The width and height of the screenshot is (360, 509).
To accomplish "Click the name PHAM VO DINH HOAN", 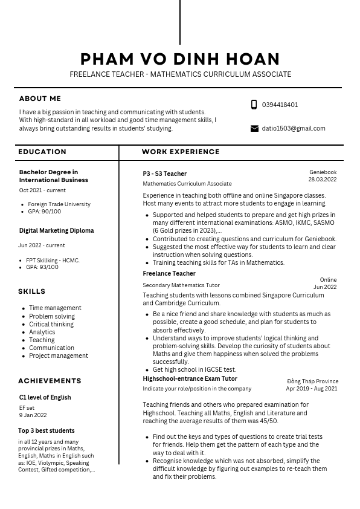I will (x=180, y=59).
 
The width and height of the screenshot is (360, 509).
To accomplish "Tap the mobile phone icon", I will (x=254, y=105).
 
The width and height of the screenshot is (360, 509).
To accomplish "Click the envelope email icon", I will (x=254, y=128).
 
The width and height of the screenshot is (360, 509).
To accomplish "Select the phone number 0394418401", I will (x=280, y=105).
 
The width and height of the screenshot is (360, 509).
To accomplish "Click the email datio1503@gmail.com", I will (x=293, y=128).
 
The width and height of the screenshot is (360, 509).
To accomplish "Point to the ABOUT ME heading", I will (x=40, y=99).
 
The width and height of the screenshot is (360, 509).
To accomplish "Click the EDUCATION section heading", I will (x=42, y=152).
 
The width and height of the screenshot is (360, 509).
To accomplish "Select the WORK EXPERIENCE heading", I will (x=181, y=152).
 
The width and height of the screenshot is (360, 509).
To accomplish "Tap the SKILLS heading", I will (x=31, y=291).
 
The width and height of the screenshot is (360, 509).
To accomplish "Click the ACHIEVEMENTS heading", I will (x=50, y=381).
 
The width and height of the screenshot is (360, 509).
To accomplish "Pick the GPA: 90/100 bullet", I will (x=44, y=212).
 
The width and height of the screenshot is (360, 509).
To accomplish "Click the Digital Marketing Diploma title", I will (x=56, y=230).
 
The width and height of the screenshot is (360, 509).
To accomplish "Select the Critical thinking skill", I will (x=51, y=324).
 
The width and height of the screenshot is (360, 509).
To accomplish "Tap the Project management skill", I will (x=59, y=355).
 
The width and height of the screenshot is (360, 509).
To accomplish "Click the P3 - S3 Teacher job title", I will (x=164, y=173).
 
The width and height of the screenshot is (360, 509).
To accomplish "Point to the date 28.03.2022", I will (x=322, y=180).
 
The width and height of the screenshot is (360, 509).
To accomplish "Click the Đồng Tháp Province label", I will (x=312, y=381).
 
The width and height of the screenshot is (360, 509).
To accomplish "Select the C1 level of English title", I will (x=45, y=397).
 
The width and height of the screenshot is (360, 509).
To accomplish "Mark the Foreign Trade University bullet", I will (x=59, y=204).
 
